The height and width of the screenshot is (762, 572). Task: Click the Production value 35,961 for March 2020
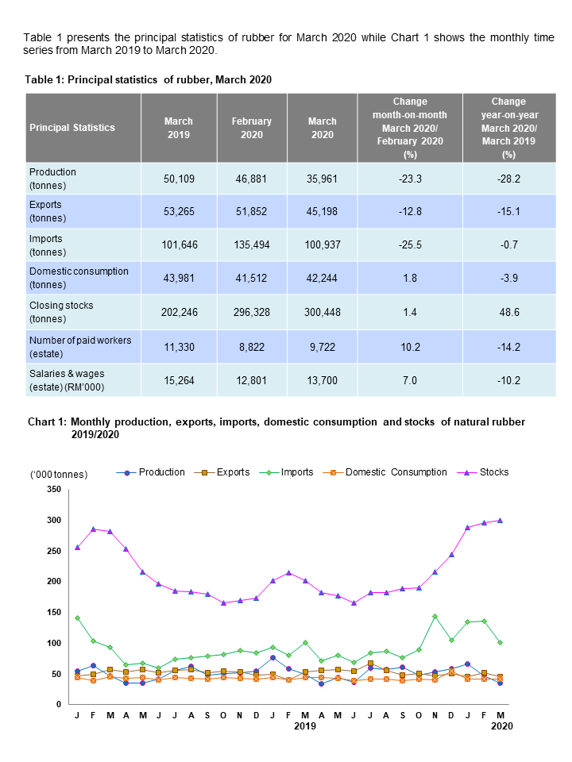coord(323,179)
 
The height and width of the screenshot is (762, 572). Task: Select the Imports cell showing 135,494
coord(252,244)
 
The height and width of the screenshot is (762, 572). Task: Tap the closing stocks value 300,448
coord(323,312)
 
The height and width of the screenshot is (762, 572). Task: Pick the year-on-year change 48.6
coord(508,312)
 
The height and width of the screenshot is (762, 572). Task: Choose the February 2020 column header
coord(252,128)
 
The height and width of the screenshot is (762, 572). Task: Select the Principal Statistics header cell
coord(72,128)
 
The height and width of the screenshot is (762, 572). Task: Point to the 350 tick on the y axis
coord(53,490)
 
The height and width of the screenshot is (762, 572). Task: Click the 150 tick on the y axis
coord(53,612)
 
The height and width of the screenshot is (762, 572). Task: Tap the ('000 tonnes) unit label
coord(60,474)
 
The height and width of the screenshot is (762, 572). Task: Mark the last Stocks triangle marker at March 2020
coord(500,520)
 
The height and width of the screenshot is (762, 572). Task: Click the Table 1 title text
coord(149,79)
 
